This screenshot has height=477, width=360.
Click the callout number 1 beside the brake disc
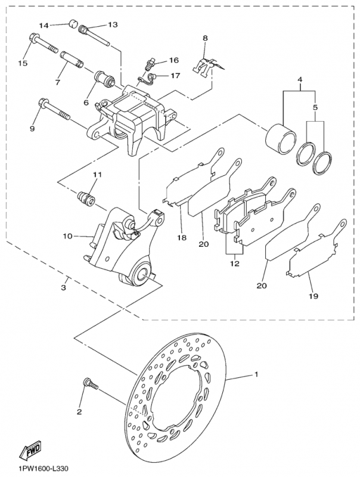pos(256,374)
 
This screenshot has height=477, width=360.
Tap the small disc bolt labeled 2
pos(91,383)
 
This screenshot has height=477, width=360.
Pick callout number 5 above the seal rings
pos(315,107)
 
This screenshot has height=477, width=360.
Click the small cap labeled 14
pos(73,23)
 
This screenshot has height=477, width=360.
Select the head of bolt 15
pos(33,39)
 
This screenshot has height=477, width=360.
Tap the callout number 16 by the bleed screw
pos(174,60)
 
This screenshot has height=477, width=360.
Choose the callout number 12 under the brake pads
pos(235,264)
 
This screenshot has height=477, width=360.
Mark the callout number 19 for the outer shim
pos(314,295)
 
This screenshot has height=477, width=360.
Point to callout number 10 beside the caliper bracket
pos(68,236)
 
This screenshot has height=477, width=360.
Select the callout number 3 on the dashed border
pos(63,287)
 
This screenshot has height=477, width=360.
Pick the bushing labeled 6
pos(104,78)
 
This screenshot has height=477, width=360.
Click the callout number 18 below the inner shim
pos(182,237)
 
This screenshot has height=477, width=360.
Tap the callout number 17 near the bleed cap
pos(175,76)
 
